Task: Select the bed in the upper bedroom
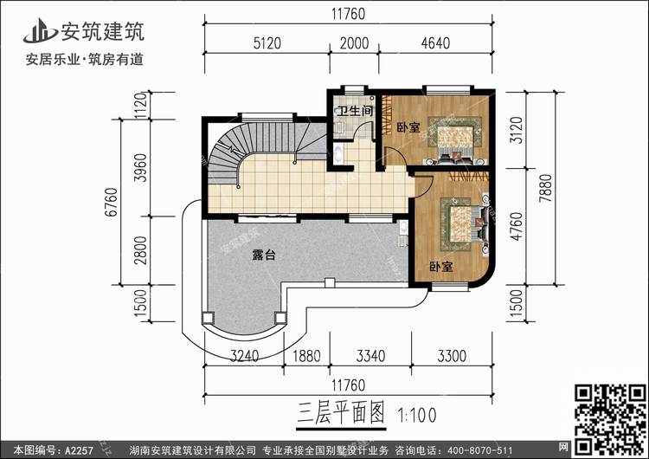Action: click(x=455, y=142)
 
